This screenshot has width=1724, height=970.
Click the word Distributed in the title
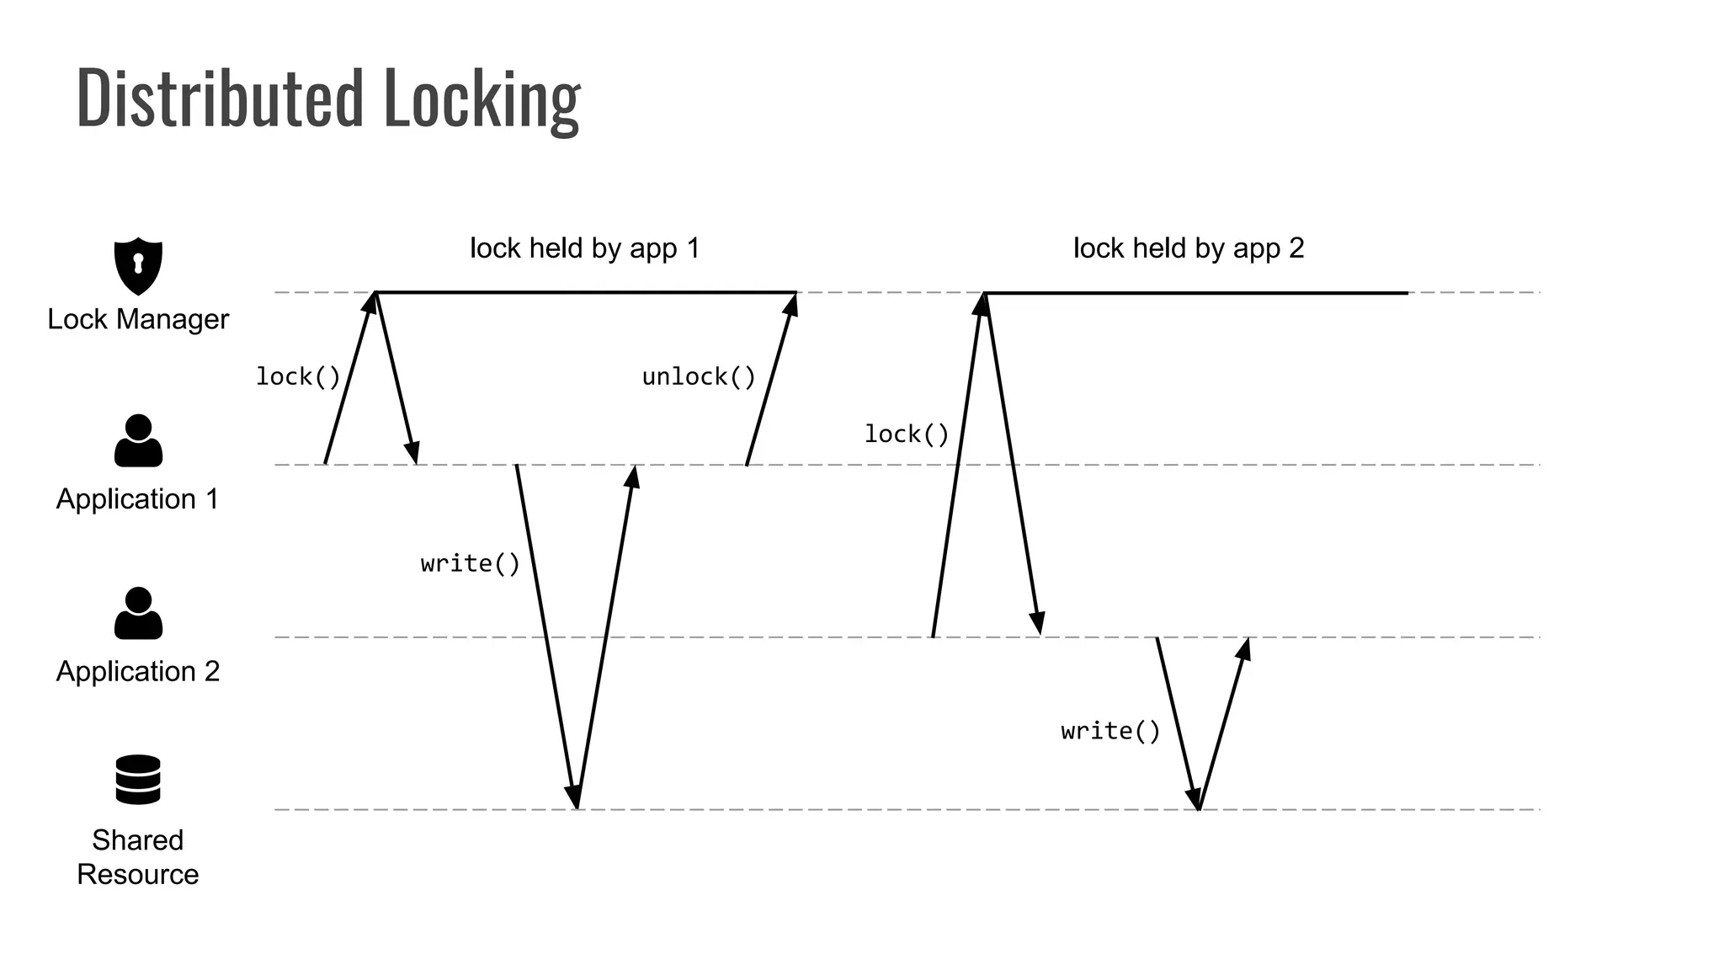tap(221, 99)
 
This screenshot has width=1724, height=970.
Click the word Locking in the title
tap(482, 99)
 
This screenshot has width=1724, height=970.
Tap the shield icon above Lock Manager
tap(138, 265)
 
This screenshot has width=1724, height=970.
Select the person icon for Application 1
tap(138, 440)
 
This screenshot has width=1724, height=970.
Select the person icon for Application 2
tap(138, 613)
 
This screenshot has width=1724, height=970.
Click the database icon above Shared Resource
tap(138, 779)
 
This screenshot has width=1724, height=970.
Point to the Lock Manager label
tap(138, 319)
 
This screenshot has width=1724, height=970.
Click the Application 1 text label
tap(138, 499)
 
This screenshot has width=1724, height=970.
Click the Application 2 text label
tap(138, 671)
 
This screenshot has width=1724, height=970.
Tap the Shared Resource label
tap(138, 857)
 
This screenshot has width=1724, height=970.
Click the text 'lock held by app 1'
tap(584, 248)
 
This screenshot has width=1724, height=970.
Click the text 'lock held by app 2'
tap(1189, 248)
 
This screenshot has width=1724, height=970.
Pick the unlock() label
tap(699, 376)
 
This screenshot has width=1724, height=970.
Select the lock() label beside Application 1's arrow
tap(298, 376)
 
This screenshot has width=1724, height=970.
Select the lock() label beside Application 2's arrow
tap(907, 434)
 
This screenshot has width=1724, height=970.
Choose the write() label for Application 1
tap(471, 563)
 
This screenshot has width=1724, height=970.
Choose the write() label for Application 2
tap(1110, 731)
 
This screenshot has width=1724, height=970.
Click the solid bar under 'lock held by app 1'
tap(586, 293)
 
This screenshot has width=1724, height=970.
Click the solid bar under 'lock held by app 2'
tap(1195, 293)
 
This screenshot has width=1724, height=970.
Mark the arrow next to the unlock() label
tap(771, 379)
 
